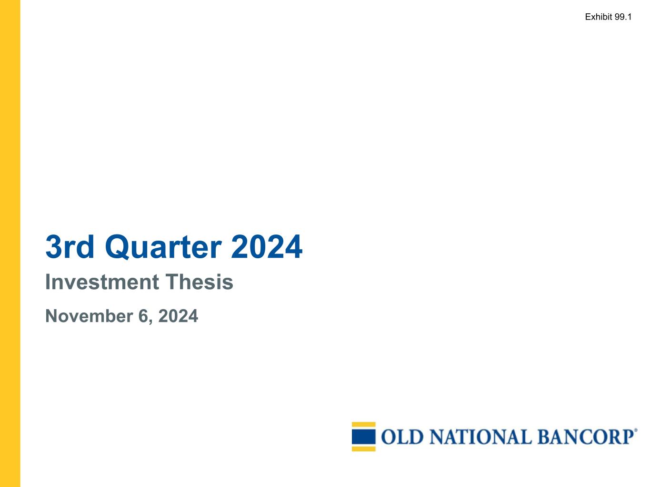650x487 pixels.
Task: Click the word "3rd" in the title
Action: tap(70, 247)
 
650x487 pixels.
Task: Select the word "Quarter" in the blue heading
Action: tap(163, 247)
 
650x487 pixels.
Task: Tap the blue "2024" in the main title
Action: tap(267, 247)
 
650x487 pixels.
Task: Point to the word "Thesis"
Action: tap(200, 282)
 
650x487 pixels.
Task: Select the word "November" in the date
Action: tap(89, 316)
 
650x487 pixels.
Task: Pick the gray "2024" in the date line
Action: tap(178, 316)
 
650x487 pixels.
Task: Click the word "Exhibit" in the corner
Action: tap(599, 17)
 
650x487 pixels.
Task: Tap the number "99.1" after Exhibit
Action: tap(623, 17)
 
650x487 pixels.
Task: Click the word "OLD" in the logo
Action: tap(402, 437)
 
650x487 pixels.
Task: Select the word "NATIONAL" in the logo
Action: tap(480, 437)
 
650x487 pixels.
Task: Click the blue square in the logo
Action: tap(364, 437)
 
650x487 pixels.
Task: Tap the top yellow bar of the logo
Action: tap(364, 425)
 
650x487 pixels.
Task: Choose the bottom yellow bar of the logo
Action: tap(364, 448)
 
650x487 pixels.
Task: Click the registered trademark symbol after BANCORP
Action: tap(636, 430)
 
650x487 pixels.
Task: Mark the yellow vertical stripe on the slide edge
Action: tap(10, 243)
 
